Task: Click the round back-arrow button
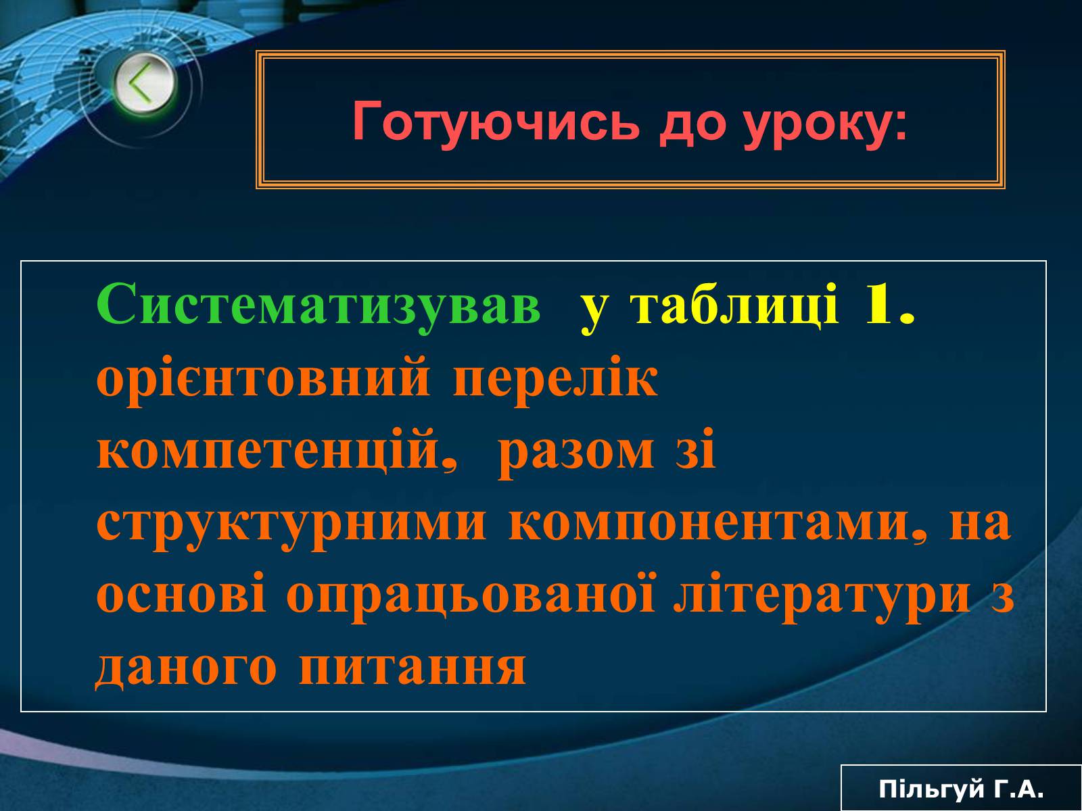(143, 82)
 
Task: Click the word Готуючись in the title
(496, 122)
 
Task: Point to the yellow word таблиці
(735, 305)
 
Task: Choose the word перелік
(555, 380)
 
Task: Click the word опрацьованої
(471, 596)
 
